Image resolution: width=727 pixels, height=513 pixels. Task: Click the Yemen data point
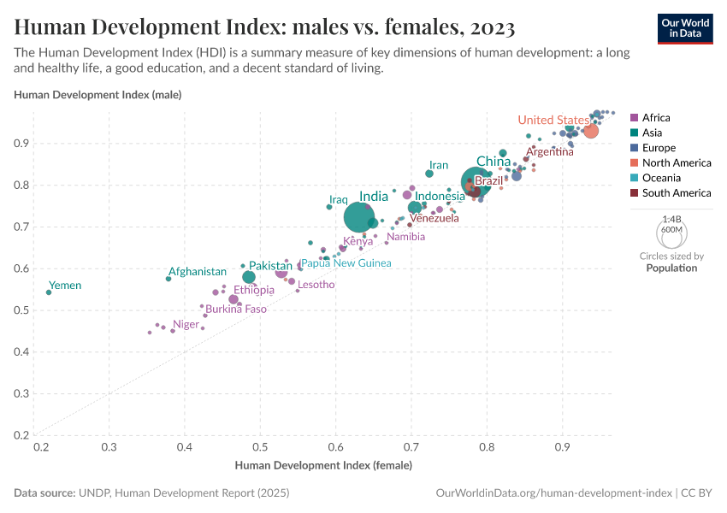click(x=49, y=292)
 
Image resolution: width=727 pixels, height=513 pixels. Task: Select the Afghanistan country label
click(x=197, y=271)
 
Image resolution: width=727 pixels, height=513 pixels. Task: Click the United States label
click(x=553, y=120)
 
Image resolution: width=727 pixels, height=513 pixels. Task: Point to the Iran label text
click(x=438, y=165)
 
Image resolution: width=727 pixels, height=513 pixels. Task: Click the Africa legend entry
click(x=655, y=118)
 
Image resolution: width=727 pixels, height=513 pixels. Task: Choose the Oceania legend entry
click(x=661, y=178)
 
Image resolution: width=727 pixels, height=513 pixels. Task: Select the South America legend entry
click(x=676, y=193)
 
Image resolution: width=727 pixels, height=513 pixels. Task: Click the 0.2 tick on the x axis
click(x=39, y=448)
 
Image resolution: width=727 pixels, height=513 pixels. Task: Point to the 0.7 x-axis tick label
click(x=411, y=448)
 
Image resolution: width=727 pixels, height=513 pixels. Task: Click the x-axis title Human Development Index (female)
click(x=323, y=466)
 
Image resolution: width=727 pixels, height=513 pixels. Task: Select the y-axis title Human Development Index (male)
click(x=98, y=94)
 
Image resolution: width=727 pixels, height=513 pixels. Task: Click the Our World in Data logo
click(x=685, y=27)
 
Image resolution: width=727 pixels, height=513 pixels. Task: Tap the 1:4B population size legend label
click(x=671, y=220)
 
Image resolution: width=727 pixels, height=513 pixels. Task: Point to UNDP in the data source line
click(x=95, y=493)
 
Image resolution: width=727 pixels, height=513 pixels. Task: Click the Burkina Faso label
click(x=236, y=309)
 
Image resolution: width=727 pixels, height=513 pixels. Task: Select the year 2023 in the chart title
click(x=490, y=28)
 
